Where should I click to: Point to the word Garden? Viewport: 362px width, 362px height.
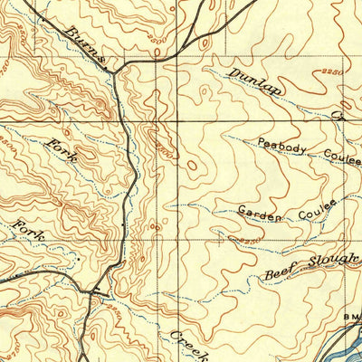260,214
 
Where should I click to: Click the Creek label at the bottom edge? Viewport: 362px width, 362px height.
189,346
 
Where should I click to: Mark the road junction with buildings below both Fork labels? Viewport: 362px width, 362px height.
94,291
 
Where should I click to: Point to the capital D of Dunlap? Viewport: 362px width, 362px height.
233,71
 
